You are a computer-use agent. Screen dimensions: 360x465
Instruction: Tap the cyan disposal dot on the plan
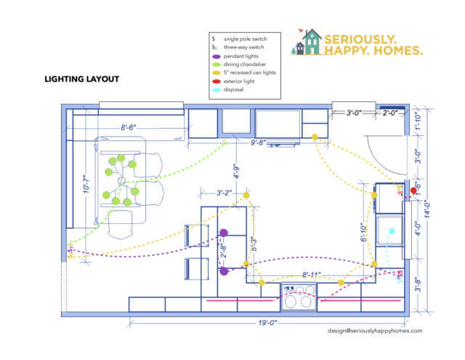(x=392, y=231)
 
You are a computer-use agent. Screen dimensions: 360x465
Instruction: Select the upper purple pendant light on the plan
(x=224, y=233)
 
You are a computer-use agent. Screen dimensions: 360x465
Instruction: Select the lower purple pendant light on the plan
(x=224, y=271)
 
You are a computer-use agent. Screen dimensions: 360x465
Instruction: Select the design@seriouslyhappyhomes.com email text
(x=374, y=329)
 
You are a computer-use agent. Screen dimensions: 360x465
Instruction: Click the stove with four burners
(x=299, y=298)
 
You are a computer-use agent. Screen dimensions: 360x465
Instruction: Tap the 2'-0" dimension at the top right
(x=391, y=113)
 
